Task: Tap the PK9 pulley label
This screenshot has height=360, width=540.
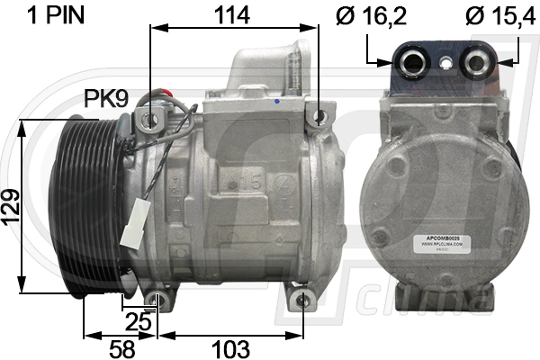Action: tap(104, 98)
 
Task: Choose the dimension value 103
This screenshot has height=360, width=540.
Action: tap(229, 346)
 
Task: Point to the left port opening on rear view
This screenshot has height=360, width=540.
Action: tap(415, 61)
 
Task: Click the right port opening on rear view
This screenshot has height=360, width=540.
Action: tap(479, 61)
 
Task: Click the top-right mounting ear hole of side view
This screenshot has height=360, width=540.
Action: tap(315, 115)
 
